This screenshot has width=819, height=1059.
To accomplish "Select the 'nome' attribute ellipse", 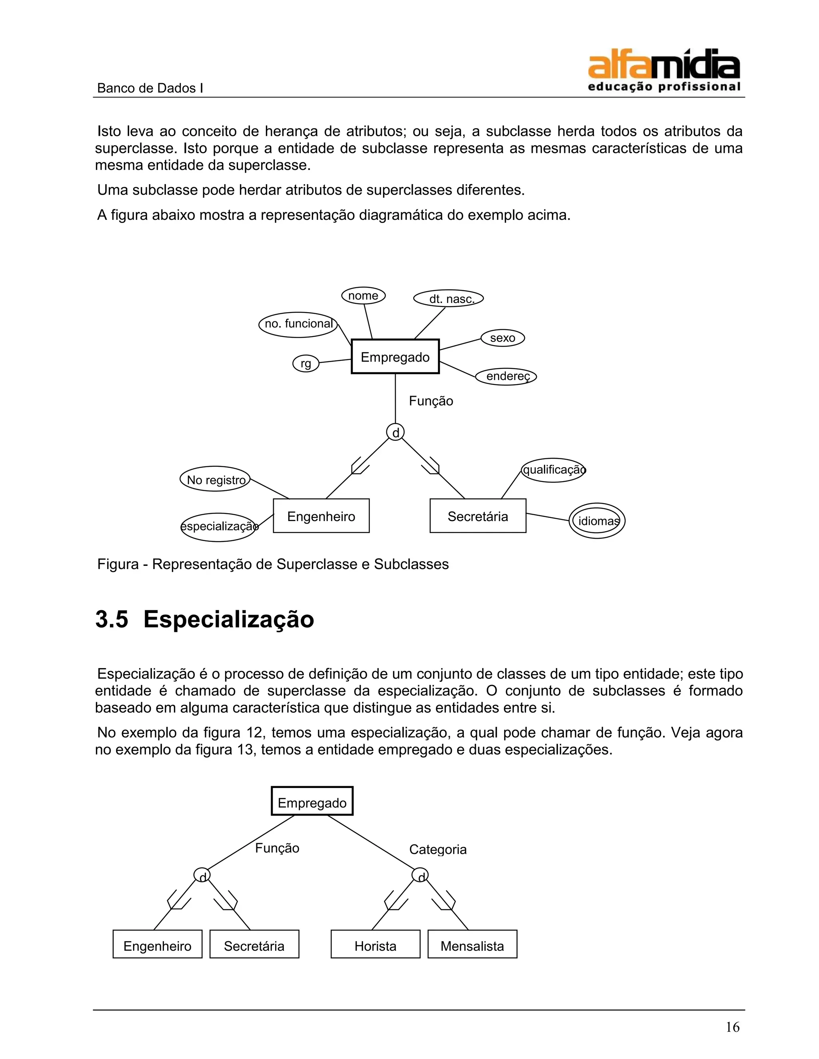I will (364, 295).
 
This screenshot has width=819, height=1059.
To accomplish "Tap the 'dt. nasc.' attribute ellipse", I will (448, 298).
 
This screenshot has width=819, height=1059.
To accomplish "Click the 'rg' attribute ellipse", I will (306, 363).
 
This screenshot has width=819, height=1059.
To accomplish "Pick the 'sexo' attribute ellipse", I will (502, 338).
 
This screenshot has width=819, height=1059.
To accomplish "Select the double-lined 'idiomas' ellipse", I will (597, 521).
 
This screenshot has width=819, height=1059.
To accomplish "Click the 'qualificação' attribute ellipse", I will (553, 470).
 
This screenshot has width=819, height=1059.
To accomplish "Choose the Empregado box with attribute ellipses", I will (395, 357).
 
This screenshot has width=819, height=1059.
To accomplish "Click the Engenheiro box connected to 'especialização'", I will (321, 516).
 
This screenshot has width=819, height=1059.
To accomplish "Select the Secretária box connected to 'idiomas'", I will (478, 516).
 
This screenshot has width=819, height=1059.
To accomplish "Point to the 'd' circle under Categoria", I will (420, 875).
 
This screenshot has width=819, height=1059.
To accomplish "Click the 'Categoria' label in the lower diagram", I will (437, 849).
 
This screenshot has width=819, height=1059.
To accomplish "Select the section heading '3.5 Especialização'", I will (204, 619).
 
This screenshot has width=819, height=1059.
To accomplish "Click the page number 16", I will (732, 1027).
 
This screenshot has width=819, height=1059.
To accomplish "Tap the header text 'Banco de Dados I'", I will (150, 88).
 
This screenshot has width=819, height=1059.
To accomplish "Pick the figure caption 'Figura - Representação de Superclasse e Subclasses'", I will (273, 564).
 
